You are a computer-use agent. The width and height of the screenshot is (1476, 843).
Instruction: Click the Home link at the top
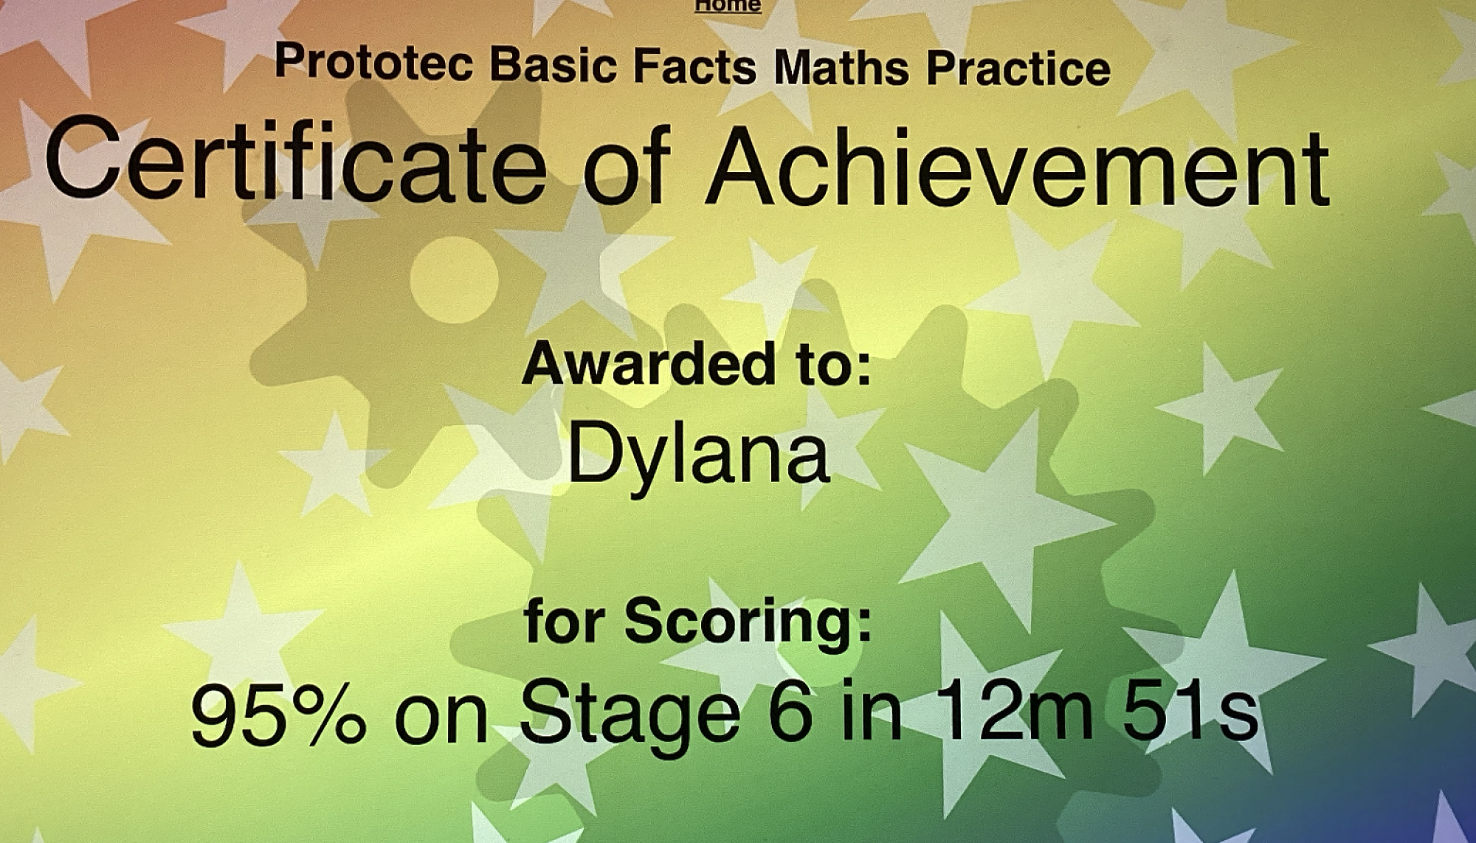[728, 6]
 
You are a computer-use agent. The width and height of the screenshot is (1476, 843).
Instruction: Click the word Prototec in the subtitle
[373, 62]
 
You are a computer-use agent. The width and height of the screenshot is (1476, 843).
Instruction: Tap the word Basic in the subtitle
[553, 64]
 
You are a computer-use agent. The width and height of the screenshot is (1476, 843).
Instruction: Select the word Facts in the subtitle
[694, 66]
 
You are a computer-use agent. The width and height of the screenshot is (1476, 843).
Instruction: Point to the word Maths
[841, 68]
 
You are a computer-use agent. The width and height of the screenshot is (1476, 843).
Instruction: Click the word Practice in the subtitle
[1018, 69]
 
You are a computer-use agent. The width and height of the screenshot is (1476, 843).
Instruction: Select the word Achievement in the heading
[1018, 169]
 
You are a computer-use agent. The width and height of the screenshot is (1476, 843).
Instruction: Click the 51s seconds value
[1190, 712]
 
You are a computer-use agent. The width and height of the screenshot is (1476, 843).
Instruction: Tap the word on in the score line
[441, 720]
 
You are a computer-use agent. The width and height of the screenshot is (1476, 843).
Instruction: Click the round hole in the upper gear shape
[454, 280]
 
